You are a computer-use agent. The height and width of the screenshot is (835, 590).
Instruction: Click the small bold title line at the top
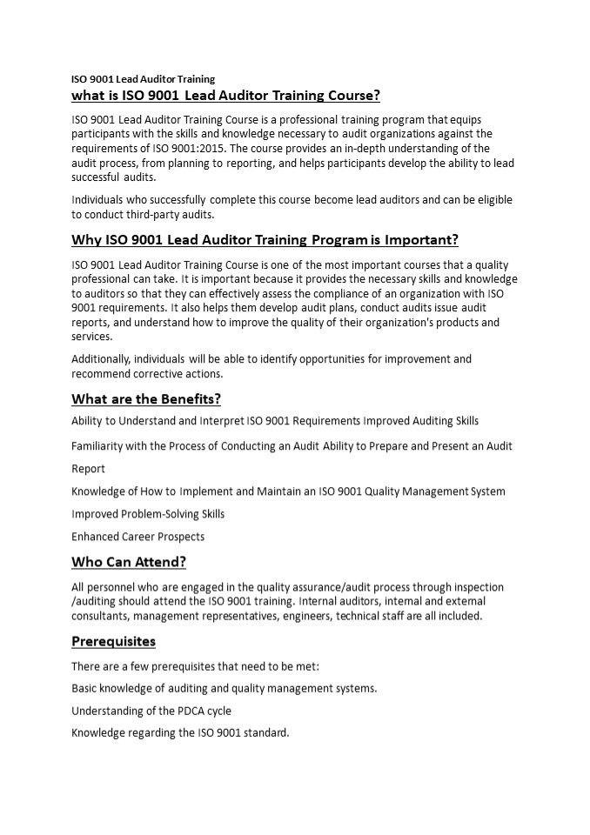pyautogui.click(x=143, y=78)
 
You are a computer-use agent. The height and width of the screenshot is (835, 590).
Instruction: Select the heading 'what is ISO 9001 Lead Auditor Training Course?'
pyautogui.click(x=225, y=95)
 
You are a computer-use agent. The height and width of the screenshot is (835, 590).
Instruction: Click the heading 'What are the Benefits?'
pyautogui.click(x=145, y=399)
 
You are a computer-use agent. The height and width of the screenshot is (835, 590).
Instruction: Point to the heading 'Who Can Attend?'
pyautogui.click(x=128, y=562)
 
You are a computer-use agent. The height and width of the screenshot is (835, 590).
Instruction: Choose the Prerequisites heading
pyautogui.click(x=113, y=641)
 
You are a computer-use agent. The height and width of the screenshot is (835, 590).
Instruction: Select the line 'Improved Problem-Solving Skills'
pyautogui.click(x=148, y=513)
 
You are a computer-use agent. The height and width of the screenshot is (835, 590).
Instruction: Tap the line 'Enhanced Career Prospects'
pyautogui.click(x=137, y=536)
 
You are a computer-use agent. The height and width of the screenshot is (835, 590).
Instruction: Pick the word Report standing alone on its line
pyautogui.click(x=88, y=468)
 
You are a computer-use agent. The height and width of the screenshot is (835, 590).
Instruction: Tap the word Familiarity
pyautogui.click(x=100, y=445)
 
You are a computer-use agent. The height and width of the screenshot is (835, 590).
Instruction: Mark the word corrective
pyautogui.click(x=158, y=374)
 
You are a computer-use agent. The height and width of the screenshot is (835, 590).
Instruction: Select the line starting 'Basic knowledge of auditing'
pyautogui.click(x=224, y=688)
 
